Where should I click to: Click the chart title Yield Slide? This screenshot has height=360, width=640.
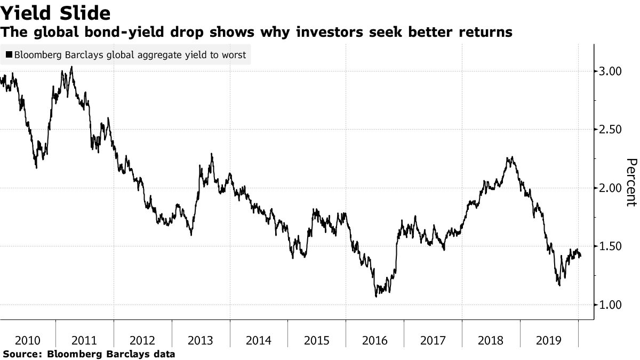point(56,13)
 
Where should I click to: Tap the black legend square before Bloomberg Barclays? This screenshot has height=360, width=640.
point(9,55)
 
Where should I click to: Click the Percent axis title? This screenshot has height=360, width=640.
point(630,182)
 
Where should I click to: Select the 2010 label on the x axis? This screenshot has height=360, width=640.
point(27,340)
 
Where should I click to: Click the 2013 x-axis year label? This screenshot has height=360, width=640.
point(201,340)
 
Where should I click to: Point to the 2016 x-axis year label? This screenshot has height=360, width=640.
point(375,340)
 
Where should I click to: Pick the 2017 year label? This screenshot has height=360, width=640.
point(433,340)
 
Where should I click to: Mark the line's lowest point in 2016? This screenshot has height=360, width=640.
point(377,296)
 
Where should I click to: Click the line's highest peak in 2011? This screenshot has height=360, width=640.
point(71,67)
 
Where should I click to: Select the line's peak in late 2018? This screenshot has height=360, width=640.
point(512,157)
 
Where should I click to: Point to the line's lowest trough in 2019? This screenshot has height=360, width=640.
point(559,285)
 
